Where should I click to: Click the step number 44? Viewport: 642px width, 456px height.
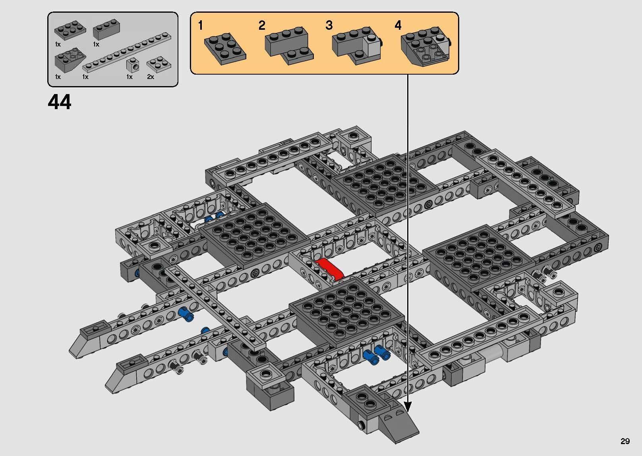[60, 102]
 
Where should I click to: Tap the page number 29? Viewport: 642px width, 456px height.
[625, 441]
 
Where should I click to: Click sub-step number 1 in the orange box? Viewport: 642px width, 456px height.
[201, 26]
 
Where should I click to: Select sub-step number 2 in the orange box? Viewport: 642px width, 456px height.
[261, 26]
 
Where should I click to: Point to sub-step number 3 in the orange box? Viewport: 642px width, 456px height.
[329, 26]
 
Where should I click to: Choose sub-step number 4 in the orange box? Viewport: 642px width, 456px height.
[398, 26]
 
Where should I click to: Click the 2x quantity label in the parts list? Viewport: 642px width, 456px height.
[151, 77]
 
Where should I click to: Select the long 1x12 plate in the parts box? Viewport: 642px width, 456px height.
[127, 52]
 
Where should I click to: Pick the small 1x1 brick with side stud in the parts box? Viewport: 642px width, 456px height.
[132, 65]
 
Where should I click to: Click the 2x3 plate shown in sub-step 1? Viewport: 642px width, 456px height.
[224, 47]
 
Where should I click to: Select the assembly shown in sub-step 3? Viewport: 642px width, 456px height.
[356, 46]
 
